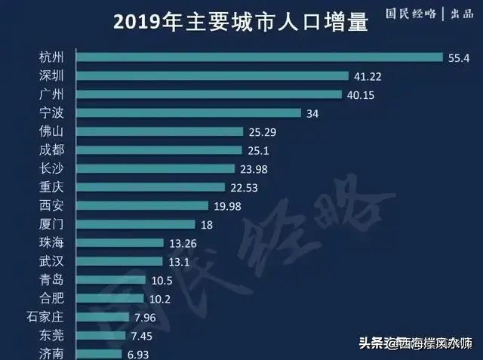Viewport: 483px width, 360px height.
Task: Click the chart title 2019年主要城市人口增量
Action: [241, 23]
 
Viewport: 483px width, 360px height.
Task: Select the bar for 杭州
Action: [260, 57]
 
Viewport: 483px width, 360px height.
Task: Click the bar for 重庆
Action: [151, 186]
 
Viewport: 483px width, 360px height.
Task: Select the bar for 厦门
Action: [136, 223]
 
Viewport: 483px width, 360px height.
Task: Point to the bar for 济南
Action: [100, 353]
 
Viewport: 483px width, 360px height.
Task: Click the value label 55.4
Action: [458, 57]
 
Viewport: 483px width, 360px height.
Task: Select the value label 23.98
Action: [254, 168]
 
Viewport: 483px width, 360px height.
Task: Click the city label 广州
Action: [54, 94]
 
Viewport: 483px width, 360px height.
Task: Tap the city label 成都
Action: [54, 149]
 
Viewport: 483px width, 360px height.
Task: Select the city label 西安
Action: [54, 205]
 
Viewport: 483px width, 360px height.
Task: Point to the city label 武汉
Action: [54, 260]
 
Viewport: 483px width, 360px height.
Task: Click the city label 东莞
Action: [54, 335]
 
